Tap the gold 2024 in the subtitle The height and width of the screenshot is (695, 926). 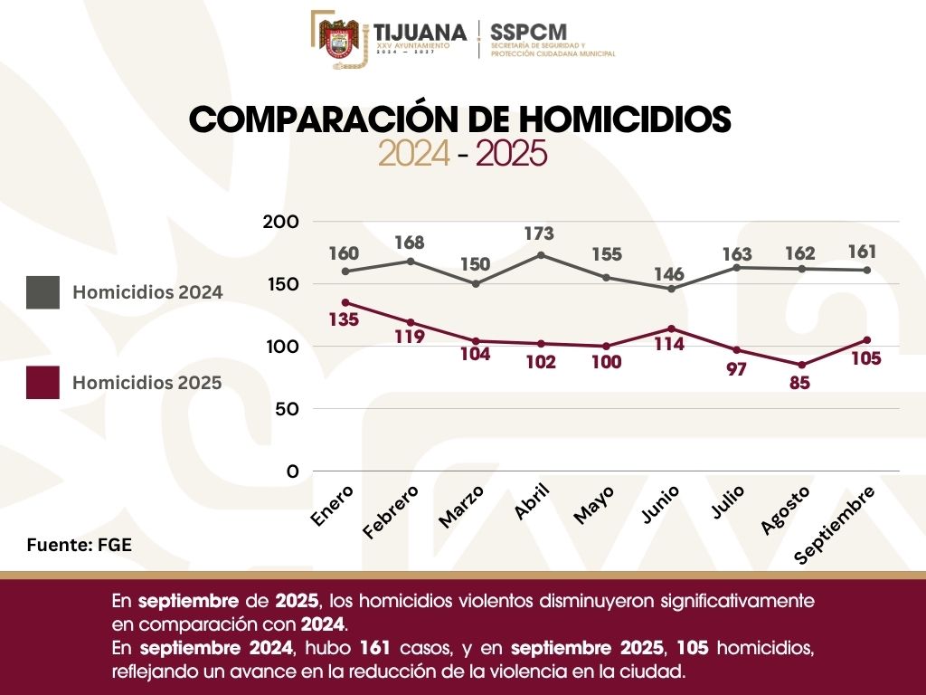tap(413, 155)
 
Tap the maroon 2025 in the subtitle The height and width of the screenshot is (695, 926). tap(511, 155)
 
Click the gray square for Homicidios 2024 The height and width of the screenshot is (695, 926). tap(43, 292)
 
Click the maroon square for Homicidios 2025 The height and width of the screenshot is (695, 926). tap(43, 383)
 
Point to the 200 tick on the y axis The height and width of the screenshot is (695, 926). tap(279, 222)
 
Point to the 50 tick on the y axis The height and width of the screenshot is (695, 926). tap(286, 409)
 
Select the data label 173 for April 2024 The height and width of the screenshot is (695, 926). tap(539, 234)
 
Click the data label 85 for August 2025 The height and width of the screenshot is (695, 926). tap(799, 383)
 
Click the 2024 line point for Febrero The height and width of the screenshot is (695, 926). tap(410, 262)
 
